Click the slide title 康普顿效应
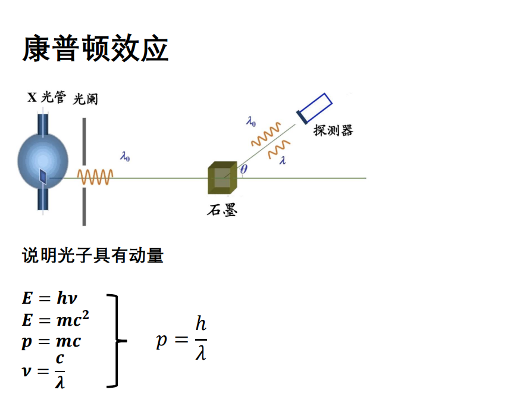[95, 49]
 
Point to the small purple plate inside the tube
[43, 176]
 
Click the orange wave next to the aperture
[95, 177]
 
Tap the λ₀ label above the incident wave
[125, 157]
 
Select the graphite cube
[223, 177]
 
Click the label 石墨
[222, 210]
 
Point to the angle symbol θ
[244, 169]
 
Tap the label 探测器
[333, 130]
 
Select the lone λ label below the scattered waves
[282, 160]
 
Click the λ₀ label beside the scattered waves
[251, 122]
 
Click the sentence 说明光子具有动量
[93, 256]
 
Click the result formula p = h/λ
[181, 339]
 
